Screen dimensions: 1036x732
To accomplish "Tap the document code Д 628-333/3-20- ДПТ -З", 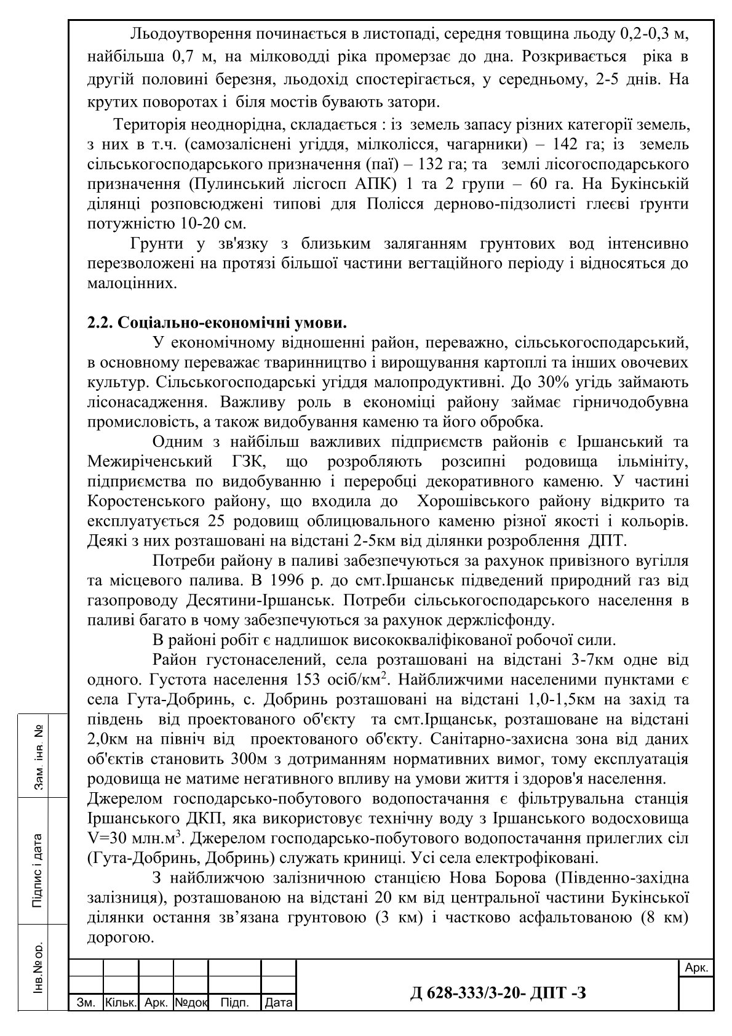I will pyautogui.click(x=498, y=992).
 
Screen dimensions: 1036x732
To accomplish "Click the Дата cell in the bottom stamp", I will pyautogui.click(x=278, y=1003).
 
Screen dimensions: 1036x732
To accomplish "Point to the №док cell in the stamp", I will pyautogui.click(x=191, y=1003).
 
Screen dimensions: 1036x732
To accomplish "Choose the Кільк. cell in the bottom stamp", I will pyautogui.click(x=121, y=1003).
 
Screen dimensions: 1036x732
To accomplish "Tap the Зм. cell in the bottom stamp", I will pyautogui.click(x=86, y=1003).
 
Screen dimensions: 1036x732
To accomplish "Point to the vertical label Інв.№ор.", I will pyautogui.click(x=38, y=967).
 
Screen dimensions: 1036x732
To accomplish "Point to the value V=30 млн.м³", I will pyautogui.click(x=138, y=838).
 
